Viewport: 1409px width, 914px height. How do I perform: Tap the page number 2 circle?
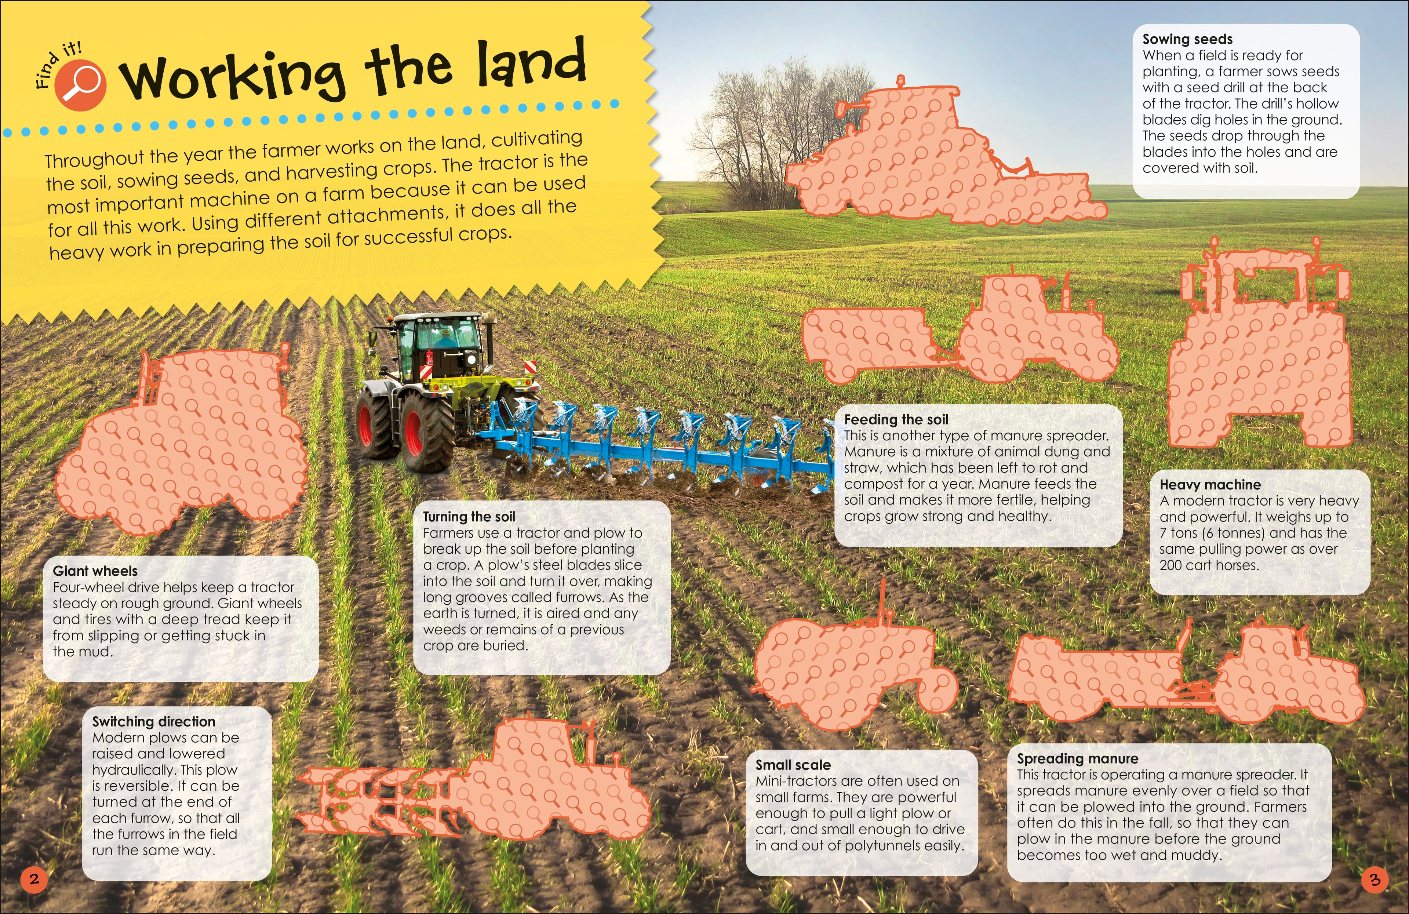pyautogui.click(x=34, y=878)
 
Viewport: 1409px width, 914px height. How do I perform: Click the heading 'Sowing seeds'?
pyautogui.click(x=1187, y=39)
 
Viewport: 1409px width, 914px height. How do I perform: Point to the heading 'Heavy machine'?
pyautogui.click(x=1209, y=484)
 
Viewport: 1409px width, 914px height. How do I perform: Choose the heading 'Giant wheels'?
pyautogui.click(x=95, y=571)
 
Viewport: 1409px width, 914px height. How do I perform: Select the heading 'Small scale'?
pyautogui.click(x=793, y=764)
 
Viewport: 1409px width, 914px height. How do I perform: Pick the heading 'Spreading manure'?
pyautogui.click(x=1077, y=758)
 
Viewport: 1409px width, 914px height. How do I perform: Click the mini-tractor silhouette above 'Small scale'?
pyautogui.click(x=852, y=669)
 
